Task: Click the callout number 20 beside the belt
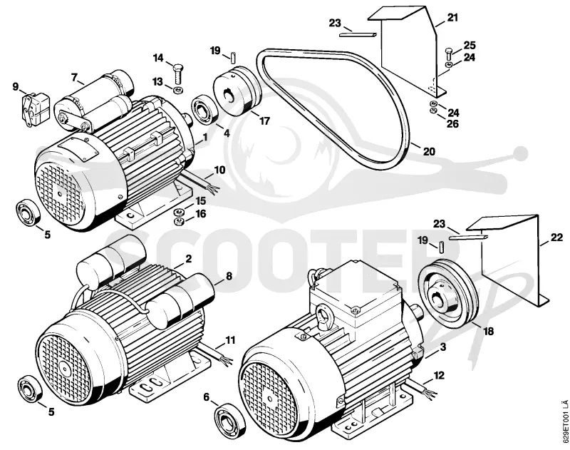[x=429, y=151]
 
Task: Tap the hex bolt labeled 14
[x=178, y=75]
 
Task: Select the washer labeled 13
[x=179, y=90]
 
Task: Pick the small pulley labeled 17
[x=237, y=89]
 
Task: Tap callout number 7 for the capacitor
[x=75, y=78]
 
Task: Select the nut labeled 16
[x=179, y=222]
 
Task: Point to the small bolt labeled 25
[x=448, y=56]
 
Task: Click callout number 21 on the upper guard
[x=452, y=17]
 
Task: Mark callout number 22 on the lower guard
[x=556, y=238]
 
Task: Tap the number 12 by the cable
[x=439, y=375]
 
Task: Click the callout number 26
[x=452, y=124]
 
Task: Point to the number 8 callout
[x=229, y=276]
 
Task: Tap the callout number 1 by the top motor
[x=205, y=138]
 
